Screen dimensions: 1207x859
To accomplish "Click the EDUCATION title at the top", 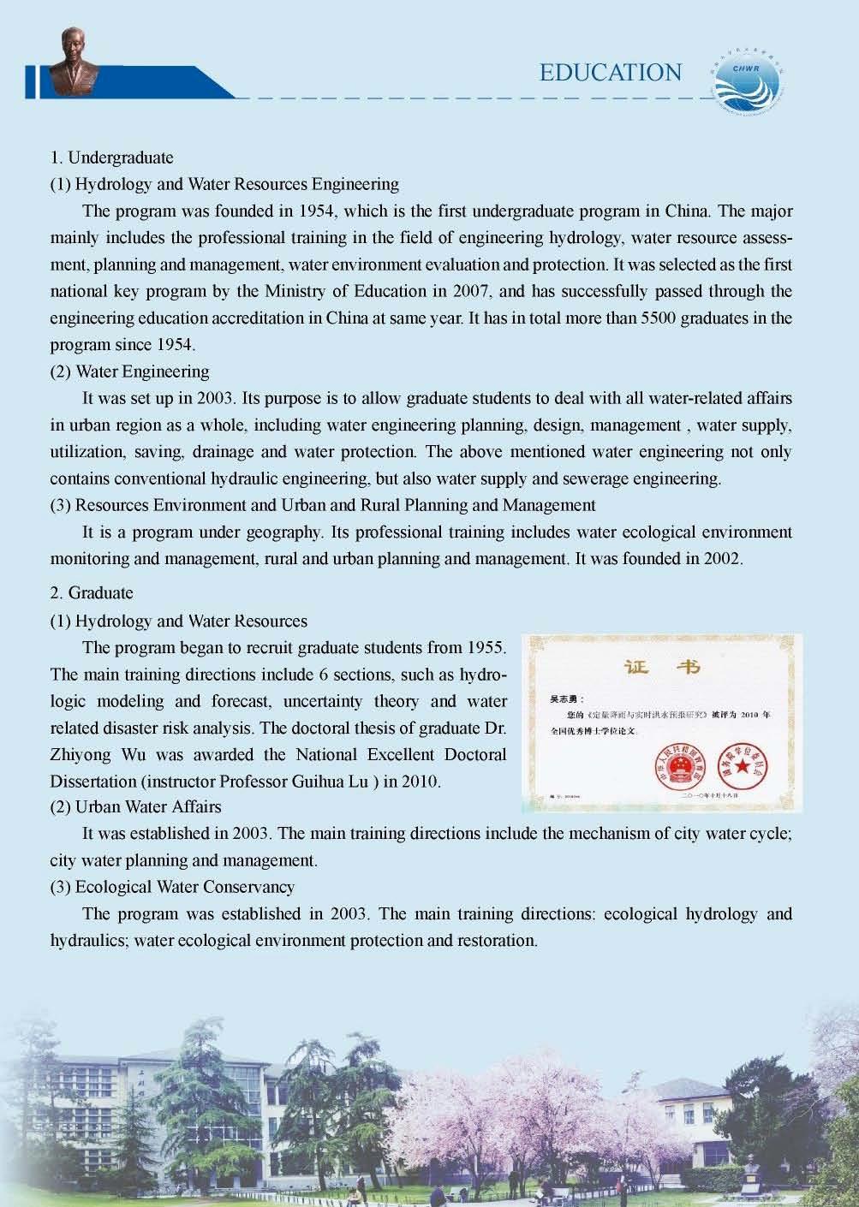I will pyautogui.click(x=611, y=73).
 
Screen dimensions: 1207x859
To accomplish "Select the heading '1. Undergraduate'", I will pyautogui.click(x=111, y=158).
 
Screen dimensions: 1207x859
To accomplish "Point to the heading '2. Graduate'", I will pyautogui.click(x=92, y=592).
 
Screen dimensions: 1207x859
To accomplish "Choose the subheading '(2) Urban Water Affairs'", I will pyautogui.click(x=135, y=806).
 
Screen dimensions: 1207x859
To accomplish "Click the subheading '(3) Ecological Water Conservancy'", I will pyautogui.click(x=172, y=887).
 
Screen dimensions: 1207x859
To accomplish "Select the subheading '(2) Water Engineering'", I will pyautogui.click(x=129, y=371).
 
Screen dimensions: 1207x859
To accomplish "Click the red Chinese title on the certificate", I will pyautogui.click(x=662, y=668).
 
